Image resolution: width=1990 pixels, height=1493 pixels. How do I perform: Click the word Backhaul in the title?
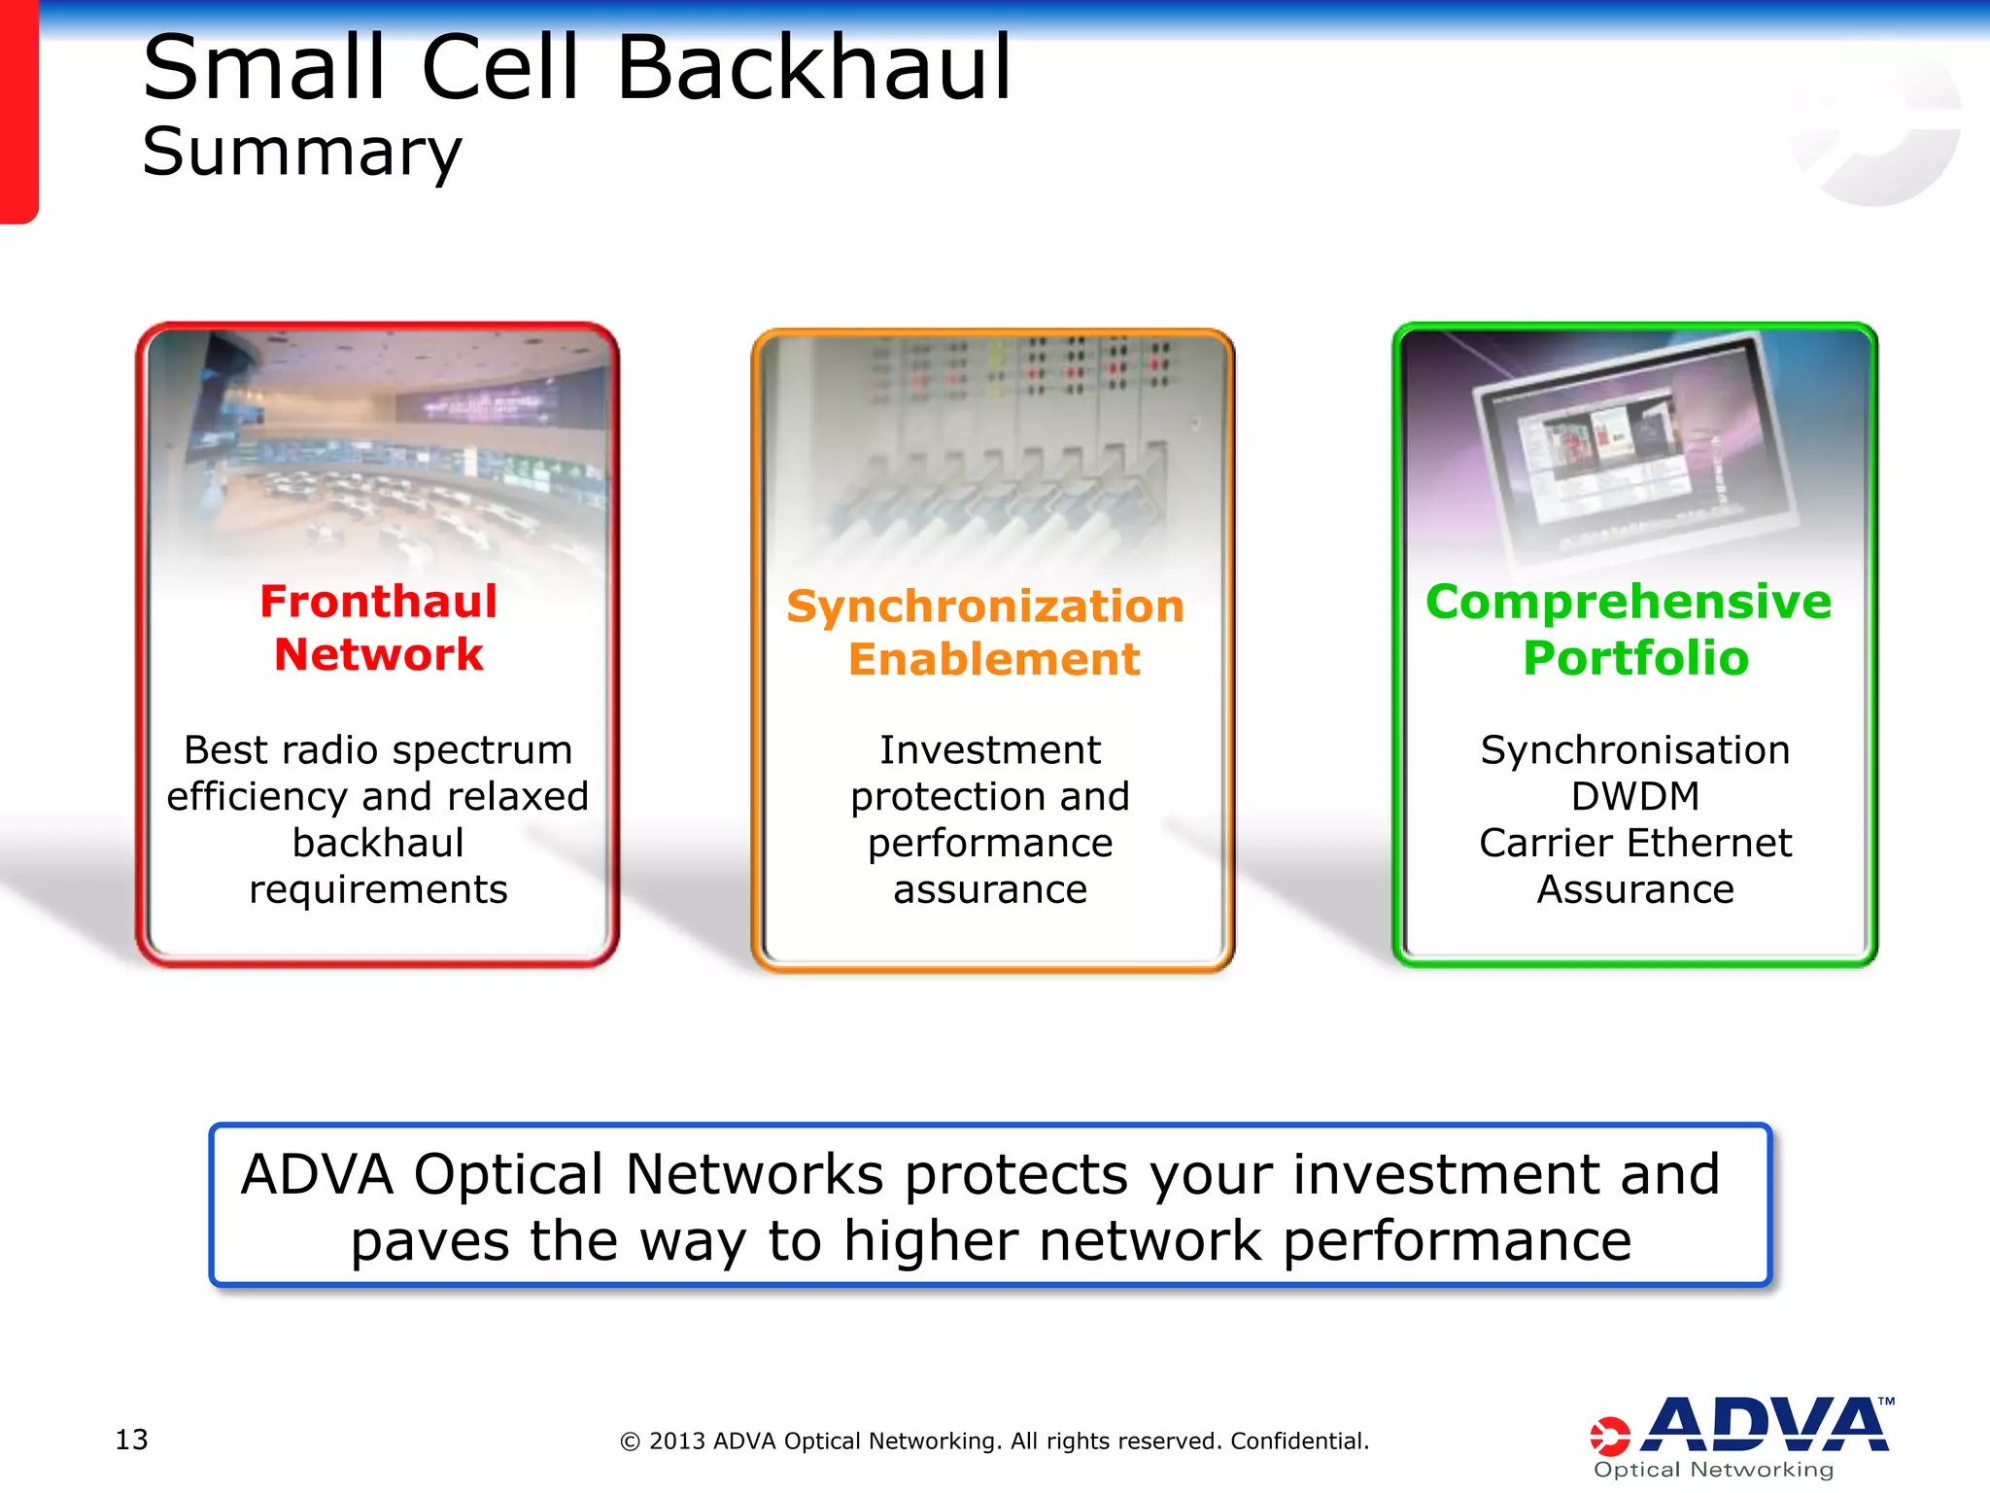[814, 68]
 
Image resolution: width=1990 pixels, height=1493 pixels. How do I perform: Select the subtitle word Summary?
[302, 154]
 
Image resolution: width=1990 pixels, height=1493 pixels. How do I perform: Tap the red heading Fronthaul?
[378, 602]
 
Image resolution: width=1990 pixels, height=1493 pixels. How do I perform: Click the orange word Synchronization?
[985, 608]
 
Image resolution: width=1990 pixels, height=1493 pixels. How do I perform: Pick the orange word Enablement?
[993, 660]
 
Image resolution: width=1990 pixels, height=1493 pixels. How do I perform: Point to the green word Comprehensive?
[1629, 602]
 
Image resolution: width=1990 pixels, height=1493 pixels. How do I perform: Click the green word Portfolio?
[1635, 658]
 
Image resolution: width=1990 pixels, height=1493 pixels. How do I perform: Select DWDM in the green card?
[1635, 797]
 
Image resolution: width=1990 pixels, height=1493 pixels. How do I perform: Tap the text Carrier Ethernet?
[1635, 843]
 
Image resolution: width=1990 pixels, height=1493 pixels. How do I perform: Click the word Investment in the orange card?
[990, 750]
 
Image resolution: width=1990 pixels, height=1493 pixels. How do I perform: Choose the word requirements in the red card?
[378, 889]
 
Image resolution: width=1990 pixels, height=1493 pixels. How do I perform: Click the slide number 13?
[131, 1440]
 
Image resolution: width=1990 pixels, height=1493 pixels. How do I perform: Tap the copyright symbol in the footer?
[630, 1441]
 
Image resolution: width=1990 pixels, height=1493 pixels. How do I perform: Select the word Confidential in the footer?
[1299, 1441]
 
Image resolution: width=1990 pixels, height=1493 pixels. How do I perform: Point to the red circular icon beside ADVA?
[1609, 1437]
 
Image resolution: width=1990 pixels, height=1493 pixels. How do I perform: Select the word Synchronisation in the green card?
[1635, 750]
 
